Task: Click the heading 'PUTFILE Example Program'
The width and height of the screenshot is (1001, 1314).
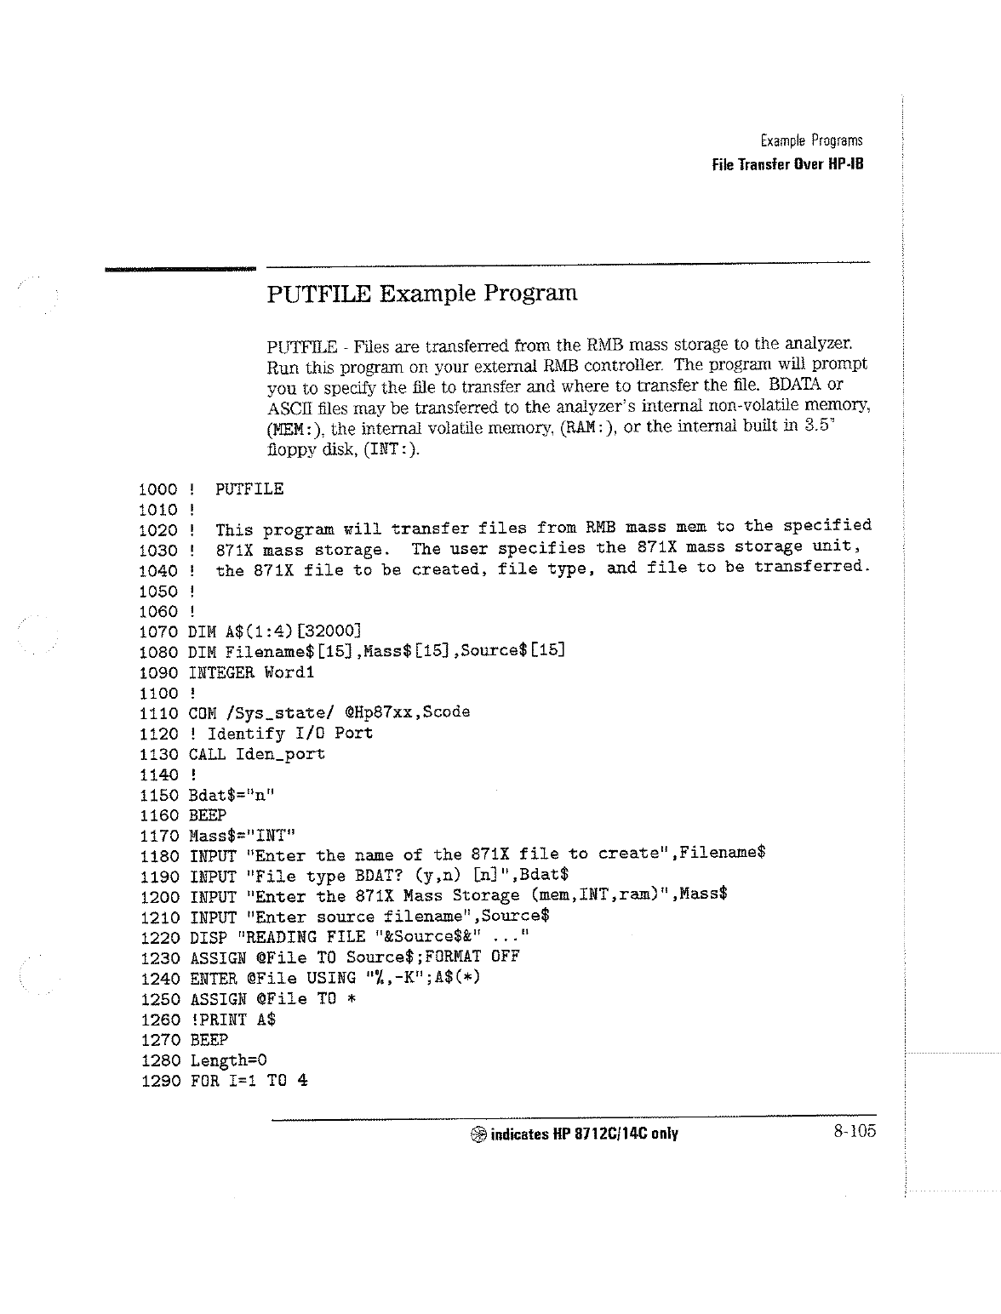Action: tap(422, 294)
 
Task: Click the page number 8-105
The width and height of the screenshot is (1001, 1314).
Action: tap(855, 1131)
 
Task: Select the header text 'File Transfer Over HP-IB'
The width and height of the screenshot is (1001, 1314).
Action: tap(787, 164)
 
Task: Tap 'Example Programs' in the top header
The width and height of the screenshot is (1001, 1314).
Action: tap(810, 140)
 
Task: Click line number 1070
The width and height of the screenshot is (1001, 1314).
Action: tap(158, 631)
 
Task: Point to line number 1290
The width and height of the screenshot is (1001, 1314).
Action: tap(158, 1081)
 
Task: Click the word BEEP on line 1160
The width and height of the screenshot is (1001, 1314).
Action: tap(208, 815)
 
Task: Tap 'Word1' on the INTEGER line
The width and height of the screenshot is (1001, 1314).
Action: tap(289, 672)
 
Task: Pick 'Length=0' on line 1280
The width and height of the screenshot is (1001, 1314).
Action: tap(228, 1060)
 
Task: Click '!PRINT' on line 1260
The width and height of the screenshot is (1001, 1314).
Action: tap(218, 1020)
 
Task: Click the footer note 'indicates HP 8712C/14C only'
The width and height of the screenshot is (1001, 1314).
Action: tap(584, 1134)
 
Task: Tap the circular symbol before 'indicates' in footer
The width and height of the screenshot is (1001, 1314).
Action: tap(478, 1134)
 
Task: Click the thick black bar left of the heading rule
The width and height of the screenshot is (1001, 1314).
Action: tap(180, 269)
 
